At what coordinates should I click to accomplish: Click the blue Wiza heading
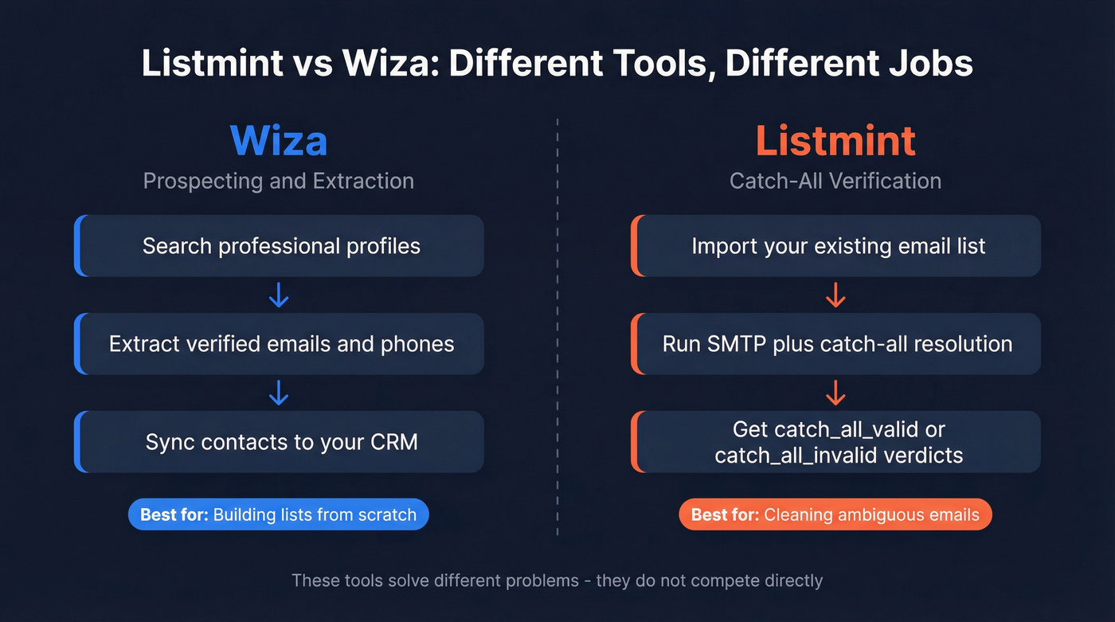pyautogui.click(x=279, y=141)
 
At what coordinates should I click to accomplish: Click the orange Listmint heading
pyautogui.click(x=835, y=141)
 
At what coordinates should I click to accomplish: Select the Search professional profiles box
pyautogui.click(x=280, y=246)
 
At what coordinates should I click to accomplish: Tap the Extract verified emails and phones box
pyautogui.click(x=280, y=344)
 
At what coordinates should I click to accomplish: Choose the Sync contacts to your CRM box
pyautogui.click(x=280, y=442)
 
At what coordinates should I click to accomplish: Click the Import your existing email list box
pyautogui.click(x=836, y=246)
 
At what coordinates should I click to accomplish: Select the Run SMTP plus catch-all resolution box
pyautogui.click(x=836, y=344)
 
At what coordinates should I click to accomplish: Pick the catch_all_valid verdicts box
pyautogui.click(x=836, y=442)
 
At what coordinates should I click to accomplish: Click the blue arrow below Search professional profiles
pyautogui.click(x=279, y=295)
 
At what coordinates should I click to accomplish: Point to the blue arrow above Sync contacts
pyautogui.click(x=279, y=393)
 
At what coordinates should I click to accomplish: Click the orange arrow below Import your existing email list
pyautogui.click(x=835, y=295)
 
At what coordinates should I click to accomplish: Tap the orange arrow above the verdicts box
pyautogui.click(x=835, y=393)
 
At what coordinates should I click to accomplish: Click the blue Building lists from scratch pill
pyautogui.click(x=279, y=514)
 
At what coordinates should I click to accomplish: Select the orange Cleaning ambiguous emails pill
pyautogui.click(x=835, y=514)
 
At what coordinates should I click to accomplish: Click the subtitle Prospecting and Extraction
pyautogui.click(x=279, y=181)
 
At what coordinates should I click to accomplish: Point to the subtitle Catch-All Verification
pyautogui.click(x=835, y=181)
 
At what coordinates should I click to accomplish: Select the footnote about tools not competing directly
pyautogui.click(x=557, y=580)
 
